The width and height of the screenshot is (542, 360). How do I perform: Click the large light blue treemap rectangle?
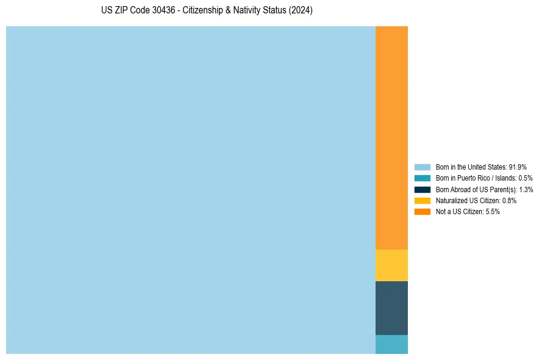(190, 190)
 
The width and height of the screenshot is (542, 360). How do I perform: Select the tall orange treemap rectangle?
(391, 137)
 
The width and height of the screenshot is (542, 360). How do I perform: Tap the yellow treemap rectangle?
(391, 265)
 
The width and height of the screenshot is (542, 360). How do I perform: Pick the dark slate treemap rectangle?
(391, 308)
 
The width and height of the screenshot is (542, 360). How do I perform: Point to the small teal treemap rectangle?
(391, 344)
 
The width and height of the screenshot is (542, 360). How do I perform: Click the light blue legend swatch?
(422, 167)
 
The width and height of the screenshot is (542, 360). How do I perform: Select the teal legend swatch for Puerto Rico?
(422, 178)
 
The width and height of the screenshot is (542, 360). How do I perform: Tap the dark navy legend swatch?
(422, 189)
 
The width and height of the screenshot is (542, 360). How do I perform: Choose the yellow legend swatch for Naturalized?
(422, 200)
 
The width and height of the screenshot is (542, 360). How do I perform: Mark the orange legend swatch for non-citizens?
(422, 212)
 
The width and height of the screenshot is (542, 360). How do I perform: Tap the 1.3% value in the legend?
(526, 189)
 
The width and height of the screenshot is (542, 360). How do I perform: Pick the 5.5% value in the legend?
(493, 212)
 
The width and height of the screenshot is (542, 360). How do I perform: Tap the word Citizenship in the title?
(202, 11)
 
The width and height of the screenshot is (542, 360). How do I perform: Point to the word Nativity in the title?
(250, 11)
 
